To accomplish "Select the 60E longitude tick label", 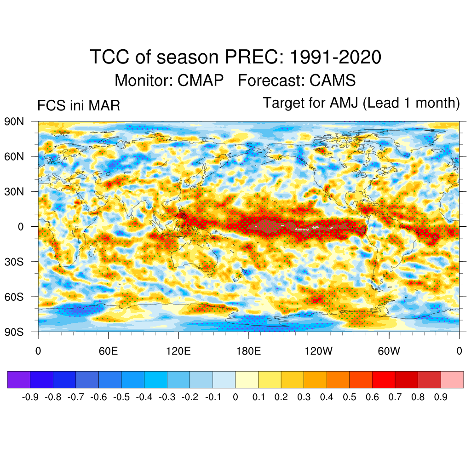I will [x=108, y=351].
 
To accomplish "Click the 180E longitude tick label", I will [x=248, y=351].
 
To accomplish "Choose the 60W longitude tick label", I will [x=389, y=351].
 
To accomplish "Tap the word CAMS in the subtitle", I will [x=333, y=80].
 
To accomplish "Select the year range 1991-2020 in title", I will [x=335, y=57].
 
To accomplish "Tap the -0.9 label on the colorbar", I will [x=30, y=397].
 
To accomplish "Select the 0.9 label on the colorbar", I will [x=441, y=397].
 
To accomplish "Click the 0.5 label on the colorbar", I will [x=350, y=397].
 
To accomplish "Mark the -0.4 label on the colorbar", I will [x=144, y=397].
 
